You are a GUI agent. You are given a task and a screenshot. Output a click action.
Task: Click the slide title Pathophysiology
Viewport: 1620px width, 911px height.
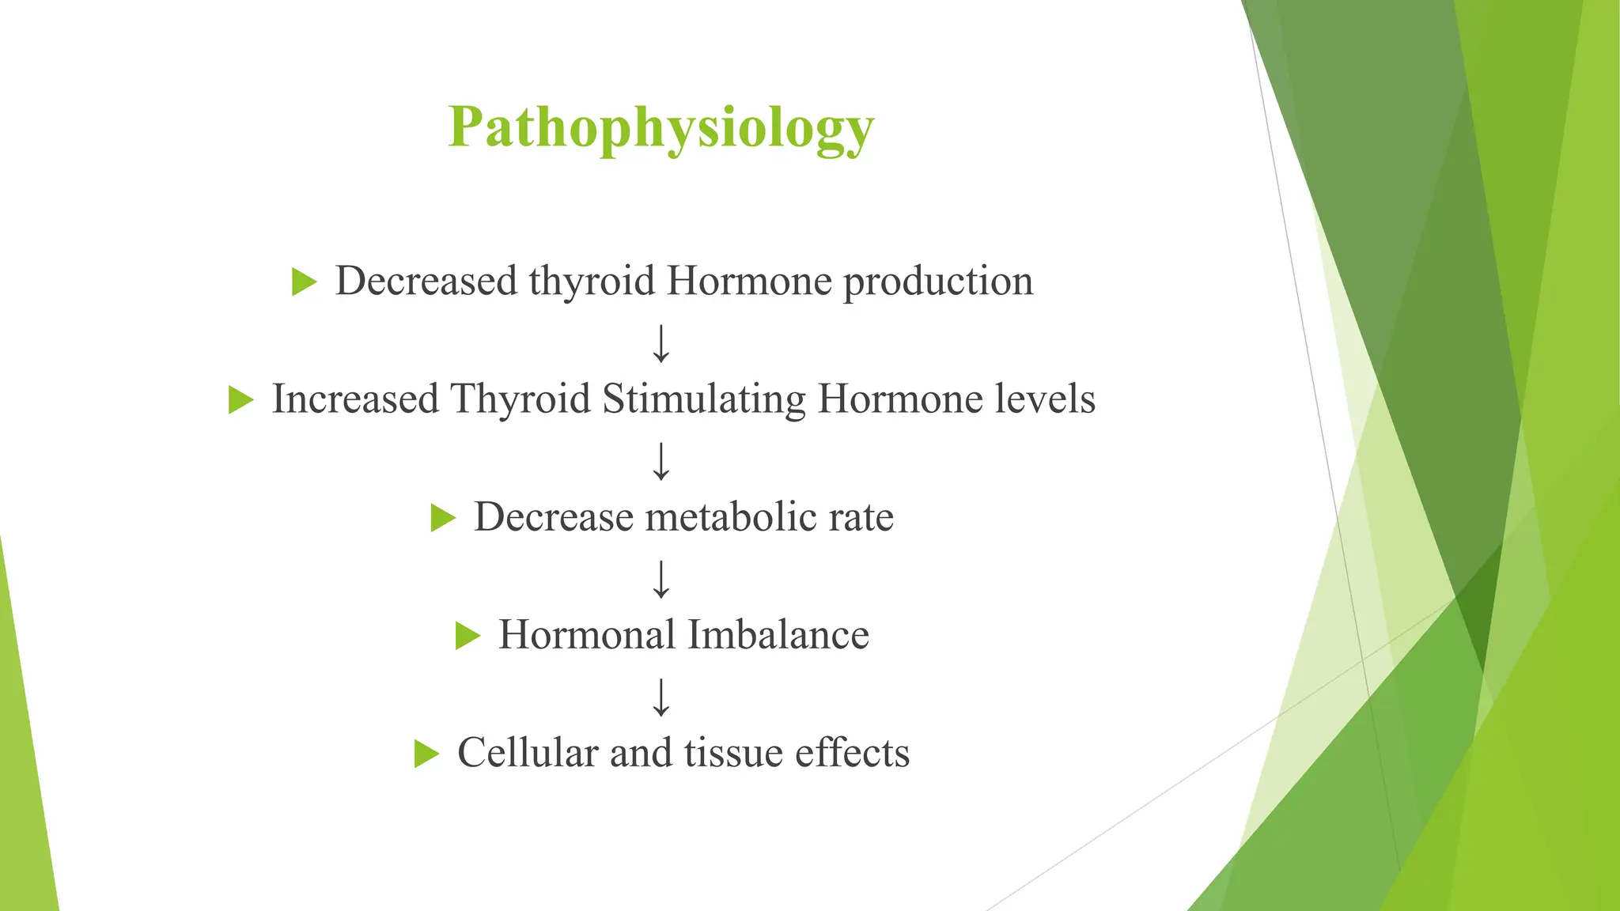point(661,128)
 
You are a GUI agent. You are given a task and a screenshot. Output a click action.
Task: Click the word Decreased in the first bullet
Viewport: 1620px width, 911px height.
point(426,281)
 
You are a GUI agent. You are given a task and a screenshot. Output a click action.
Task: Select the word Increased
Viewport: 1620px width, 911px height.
point(355,399)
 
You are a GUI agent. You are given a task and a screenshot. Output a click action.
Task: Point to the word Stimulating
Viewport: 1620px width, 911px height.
point(704,399)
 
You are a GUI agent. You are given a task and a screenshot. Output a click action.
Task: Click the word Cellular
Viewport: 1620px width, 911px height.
point(528,753)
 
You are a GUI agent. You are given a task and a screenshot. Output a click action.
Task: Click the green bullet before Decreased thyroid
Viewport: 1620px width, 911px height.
point(304,282)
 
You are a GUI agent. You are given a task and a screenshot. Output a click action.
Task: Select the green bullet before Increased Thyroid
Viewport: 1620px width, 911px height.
point(240,399)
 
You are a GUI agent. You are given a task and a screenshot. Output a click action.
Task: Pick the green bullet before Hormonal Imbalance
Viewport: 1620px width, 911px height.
point(467,636)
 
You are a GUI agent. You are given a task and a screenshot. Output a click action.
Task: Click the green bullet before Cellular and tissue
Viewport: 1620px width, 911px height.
point(426,754)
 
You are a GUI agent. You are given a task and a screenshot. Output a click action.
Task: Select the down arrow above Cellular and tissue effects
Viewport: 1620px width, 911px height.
point(661,697)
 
